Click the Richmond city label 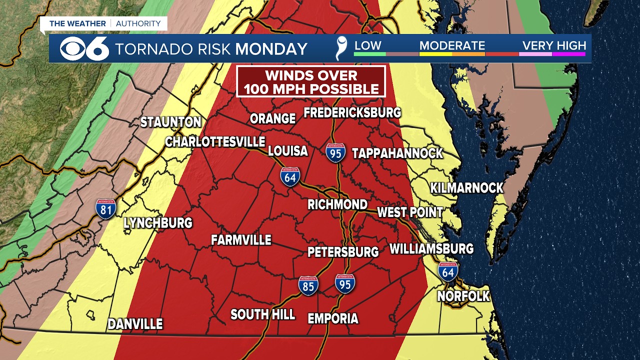tap(337, 204)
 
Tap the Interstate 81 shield tap(106, 208)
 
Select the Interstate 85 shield tap(308, 285)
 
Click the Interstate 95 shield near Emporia tap(345, 283)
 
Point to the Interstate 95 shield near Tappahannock tap(335, 152)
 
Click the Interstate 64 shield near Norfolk tap(448, 271)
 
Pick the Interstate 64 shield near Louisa tap(290, 177)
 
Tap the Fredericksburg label tap(352, 112)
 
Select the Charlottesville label tap(215, 142)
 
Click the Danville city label tap(135, 324)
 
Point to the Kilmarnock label tap(467, 188)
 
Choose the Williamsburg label tap(431, 248)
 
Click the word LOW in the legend tap(367, 45)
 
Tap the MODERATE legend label tap(452, 45)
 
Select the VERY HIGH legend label tap(554, 45)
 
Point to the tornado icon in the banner tap(341, 48)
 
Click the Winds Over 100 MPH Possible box tap(311, 81)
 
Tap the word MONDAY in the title tap(271, 49)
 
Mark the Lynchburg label tap(158, 223)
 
